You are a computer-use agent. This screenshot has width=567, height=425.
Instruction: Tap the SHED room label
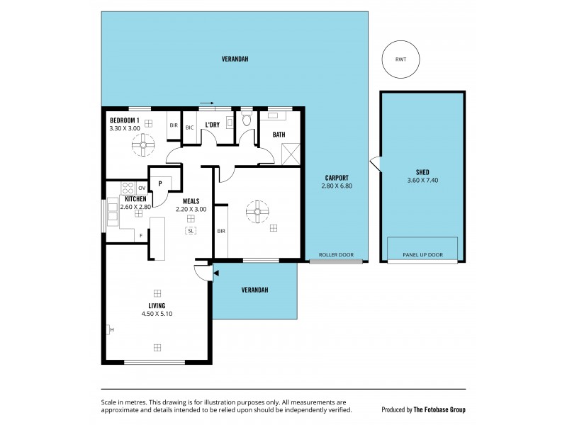tap(422, 172)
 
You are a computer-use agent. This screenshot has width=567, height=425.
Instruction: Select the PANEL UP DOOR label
tap(422, 255)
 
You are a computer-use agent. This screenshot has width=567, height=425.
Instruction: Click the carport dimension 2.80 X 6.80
tap(337, 186)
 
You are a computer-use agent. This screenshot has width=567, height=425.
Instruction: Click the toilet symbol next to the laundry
tap(246, 120)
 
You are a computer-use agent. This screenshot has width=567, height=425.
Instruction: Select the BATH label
tap(279, 134)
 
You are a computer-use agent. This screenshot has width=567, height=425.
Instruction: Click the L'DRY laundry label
tap(211, 125)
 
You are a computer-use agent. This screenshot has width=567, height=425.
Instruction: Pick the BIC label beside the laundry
tap(190, 127)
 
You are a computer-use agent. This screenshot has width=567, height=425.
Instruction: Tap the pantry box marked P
tap(161, 183)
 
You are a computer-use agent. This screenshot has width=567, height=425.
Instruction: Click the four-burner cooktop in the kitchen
tap(128, 188)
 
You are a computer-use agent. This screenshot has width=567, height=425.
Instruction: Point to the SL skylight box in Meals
tap(191, 231)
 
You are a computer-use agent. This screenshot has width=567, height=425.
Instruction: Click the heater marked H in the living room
tap(109, 329)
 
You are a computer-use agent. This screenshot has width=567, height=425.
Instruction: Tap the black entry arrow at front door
tap(216, 273)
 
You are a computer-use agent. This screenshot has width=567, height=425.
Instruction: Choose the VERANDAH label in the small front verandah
tap(254, 290)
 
